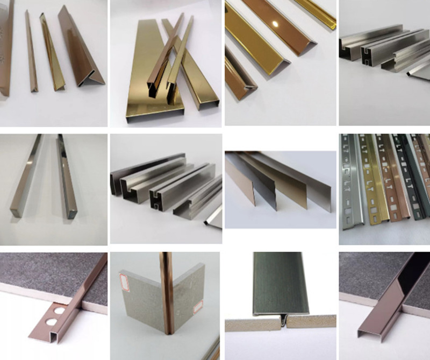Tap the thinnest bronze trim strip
(x=31, y=54)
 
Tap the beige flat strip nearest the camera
(x=236, y=183)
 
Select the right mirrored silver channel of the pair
(x=66, y=178)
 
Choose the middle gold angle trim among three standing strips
(x=53, y=54)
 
